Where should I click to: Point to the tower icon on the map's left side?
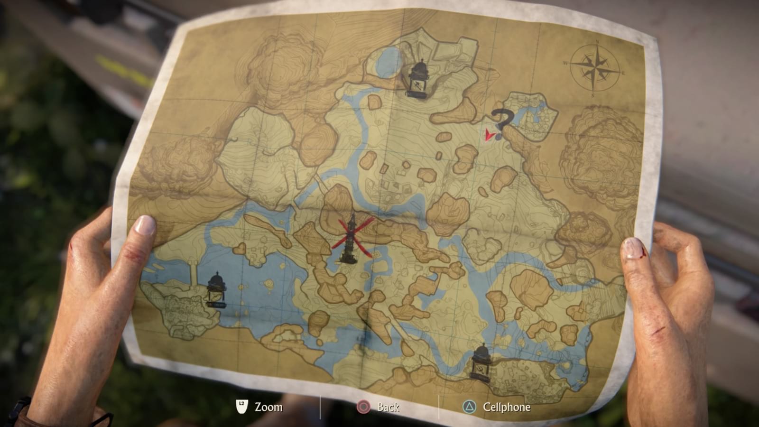(216, 289)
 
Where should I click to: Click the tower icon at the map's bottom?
(481, 362)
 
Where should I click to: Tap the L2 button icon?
(242, 406)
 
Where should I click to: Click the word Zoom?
(268, 407)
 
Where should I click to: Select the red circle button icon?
(363, 407)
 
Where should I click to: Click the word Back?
(389, 407)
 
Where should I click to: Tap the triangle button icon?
(469, 407)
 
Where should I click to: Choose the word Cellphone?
(507, 407)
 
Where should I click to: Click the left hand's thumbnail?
(145, 225)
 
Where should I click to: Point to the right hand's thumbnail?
(633, 248)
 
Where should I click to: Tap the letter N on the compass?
(597, 42)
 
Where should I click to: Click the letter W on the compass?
(566, 63)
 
